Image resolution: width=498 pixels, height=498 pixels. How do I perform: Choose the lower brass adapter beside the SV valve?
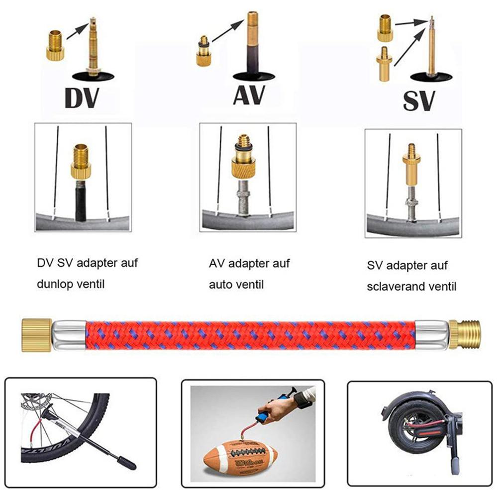(x=385, y=64)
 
